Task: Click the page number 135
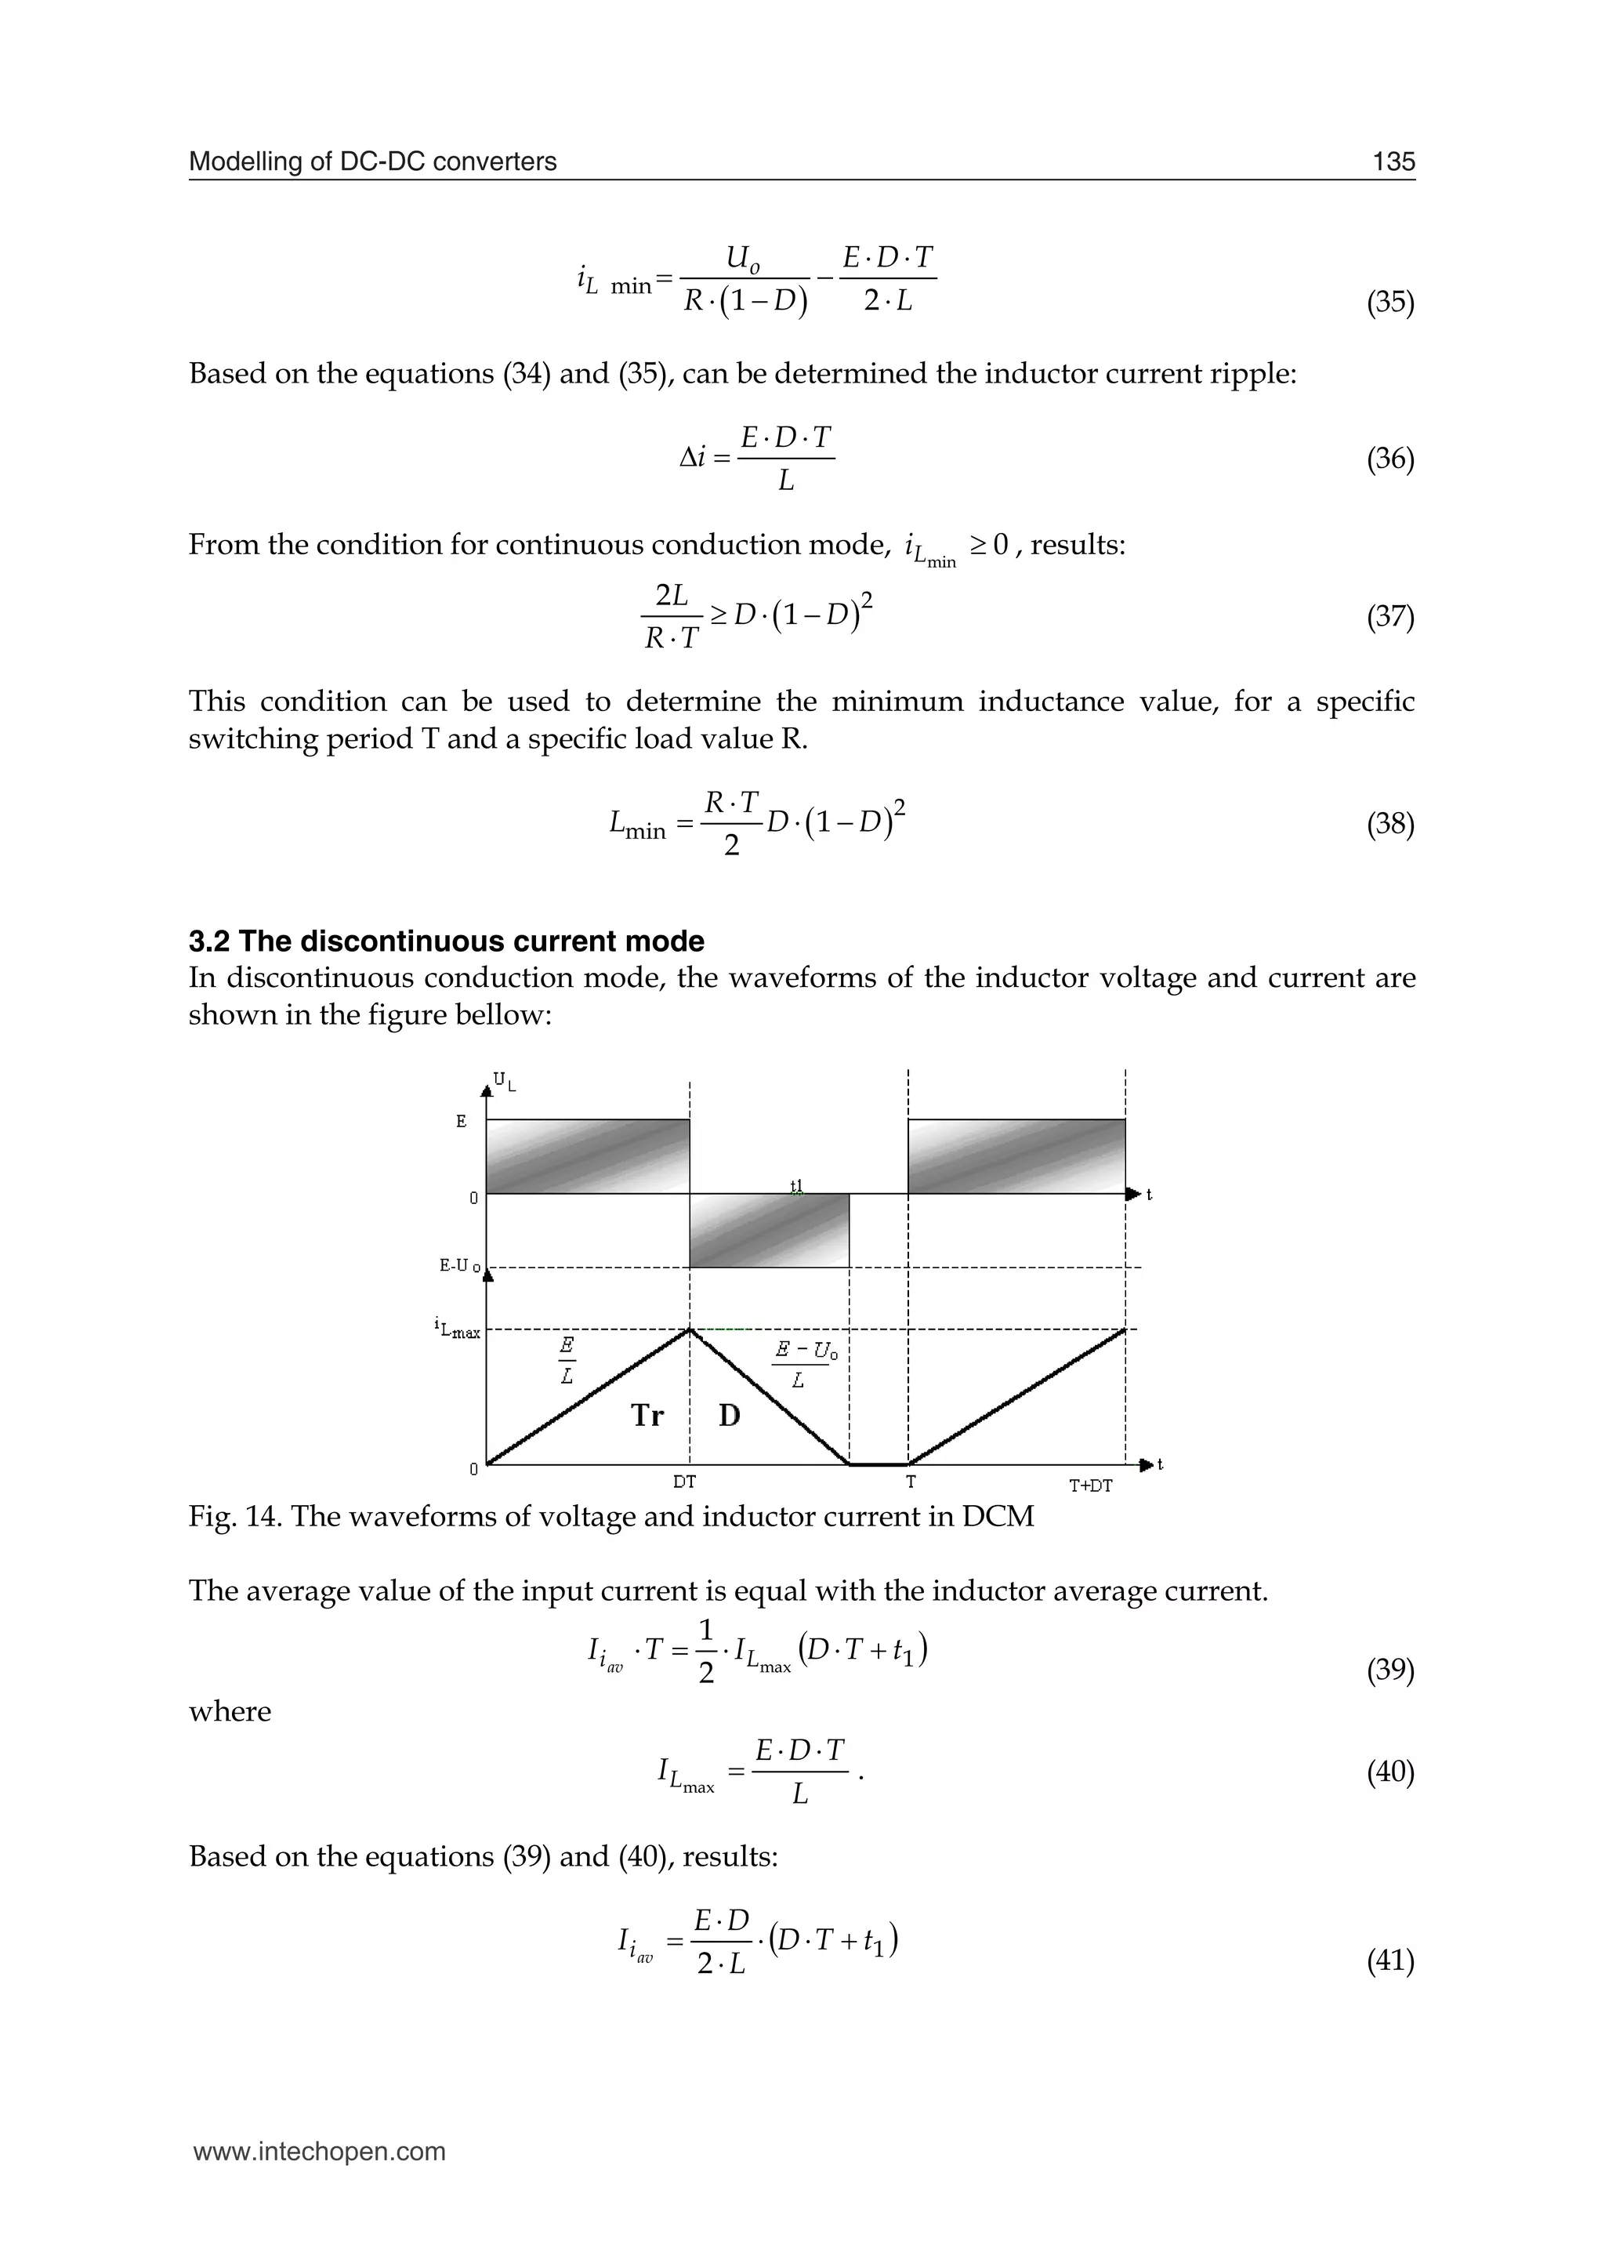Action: pos(1393,161)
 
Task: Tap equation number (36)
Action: pos(1389,459)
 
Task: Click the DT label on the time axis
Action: pos(684,1482)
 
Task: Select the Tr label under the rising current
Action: pos(647,1416)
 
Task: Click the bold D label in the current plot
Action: pos(730,1416)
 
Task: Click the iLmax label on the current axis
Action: pos(458,1329)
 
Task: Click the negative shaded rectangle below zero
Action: pos(769,1230)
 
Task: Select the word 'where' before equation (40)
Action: pos(230,1711)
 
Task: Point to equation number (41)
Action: pos(1389,1961)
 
